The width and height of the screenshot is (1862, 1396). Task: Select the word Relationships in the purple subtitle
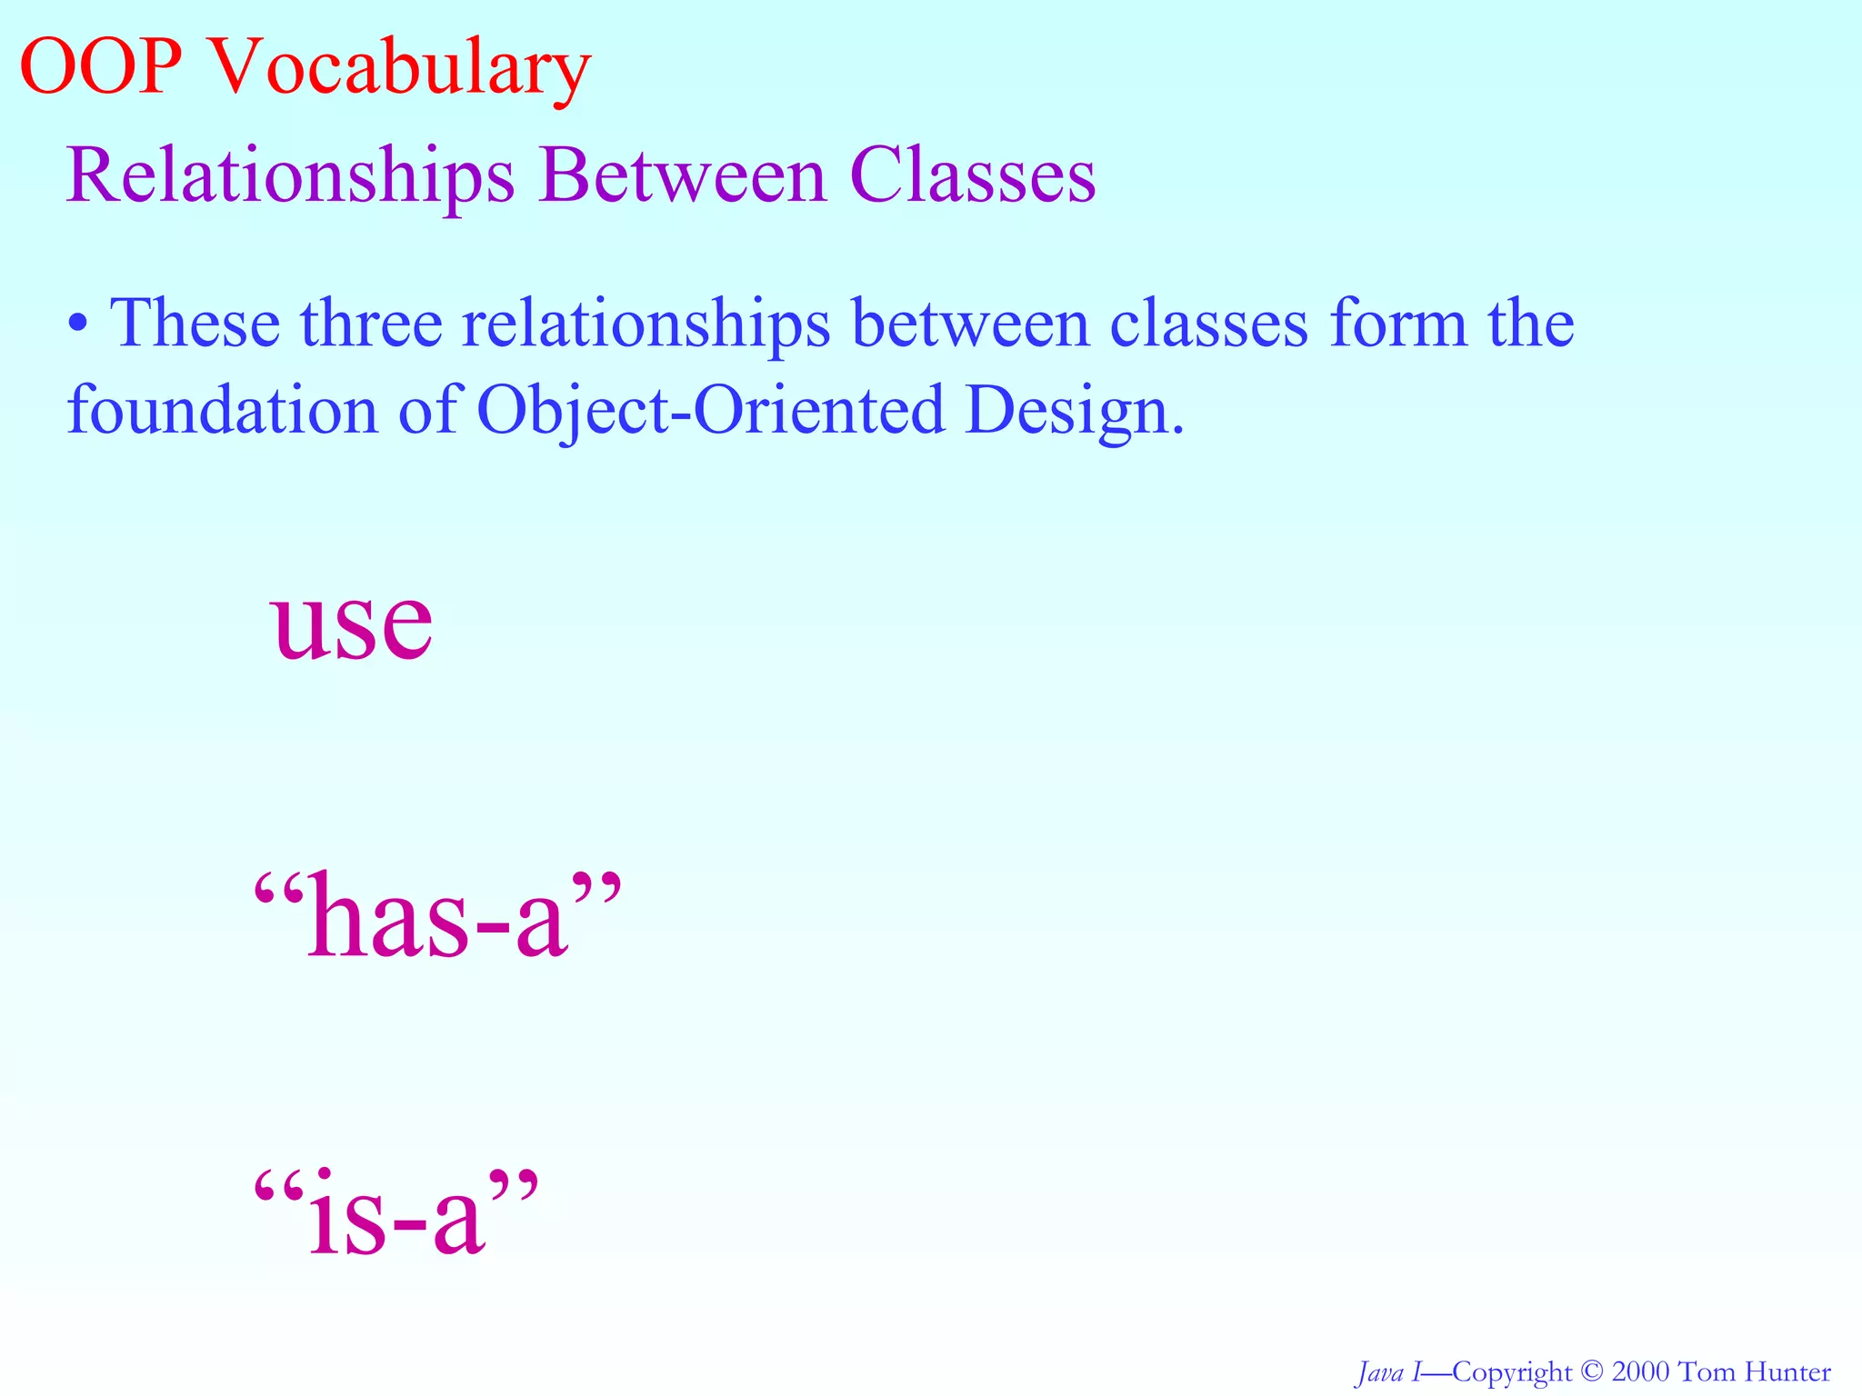tap(290, 175)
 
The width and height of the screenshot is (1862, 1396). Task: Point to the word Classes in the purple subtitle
tap(973, 175)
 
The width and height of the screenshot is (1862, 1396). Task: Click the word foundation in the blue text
tap(221, 410)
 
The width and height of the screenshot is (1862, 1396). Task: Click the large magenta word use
tap(352, 624)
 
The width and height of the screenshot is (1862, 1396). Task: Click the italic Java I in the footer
tap(1388, 1371)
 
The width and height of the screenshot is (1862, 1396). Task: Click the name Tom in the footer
tap(1709, 1371)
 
